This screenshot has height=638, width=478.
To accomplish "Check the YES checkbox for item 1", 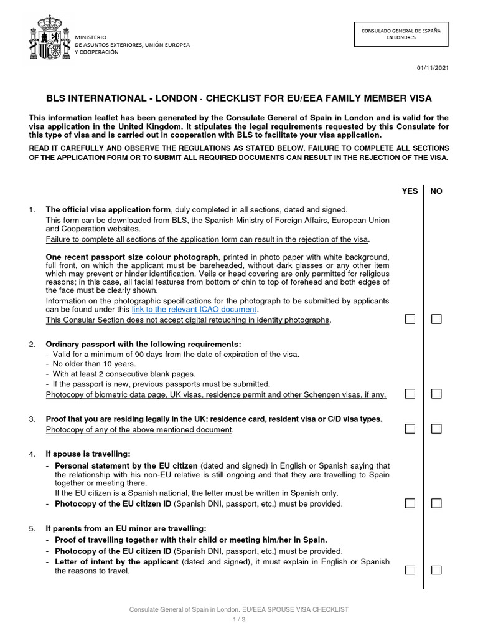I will click(410, 319).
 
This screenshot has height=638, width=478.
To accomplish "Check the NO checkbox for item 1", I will click(437, 319).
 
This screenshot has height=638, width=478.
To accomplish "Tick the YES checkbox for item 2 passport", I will click(410, 394).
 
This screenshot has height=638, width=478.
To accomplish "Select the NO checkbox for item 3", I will click(437, 429).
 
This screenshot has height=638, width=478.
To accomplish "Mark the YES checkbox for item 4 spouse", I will click(410, 503).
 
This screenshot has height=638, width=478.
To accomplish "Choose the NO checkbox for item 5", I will click(437, 570).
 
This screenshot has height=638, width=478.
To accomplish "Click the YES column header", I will click(410, 191).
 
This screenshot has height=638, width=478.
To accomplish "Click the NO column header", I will click(436, 191).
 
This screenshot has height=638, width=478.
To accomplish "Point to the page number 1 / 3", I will click(238, 619).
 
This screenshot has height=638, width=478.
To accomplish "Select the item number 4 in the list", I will click(32, 454).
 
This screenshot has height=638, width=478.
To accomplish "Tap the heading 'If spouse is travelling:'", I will click(88, 454).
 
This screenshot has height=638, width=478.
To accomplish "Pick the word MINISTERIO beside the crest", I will click(91, 37).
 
